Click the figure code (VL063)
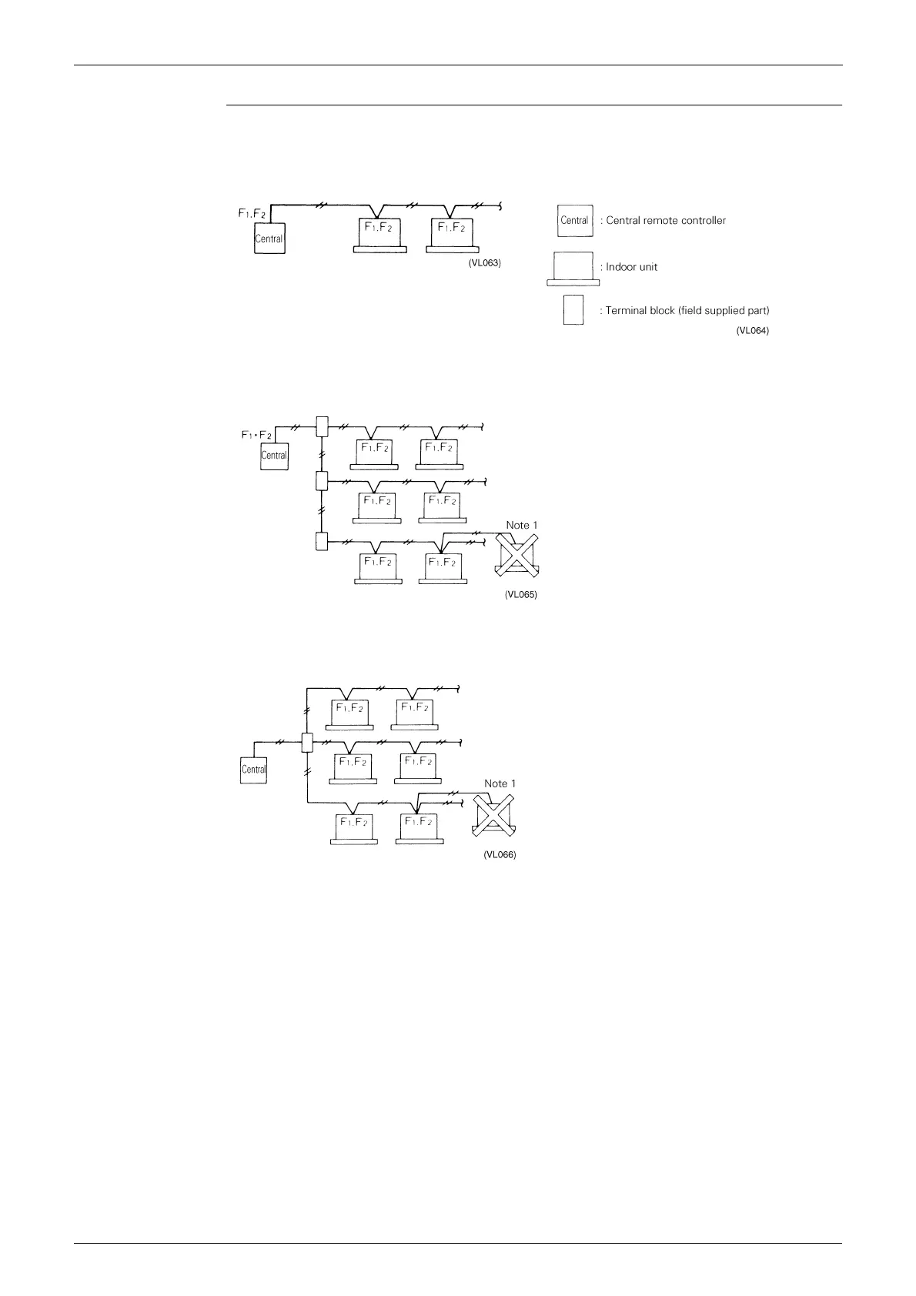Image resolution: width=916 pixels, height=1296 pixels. [484, 263]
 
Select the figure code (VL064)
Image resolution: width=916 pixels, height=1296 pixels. [753, 331]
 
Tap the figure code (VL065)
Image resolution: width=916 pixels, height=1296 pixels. [520, 595]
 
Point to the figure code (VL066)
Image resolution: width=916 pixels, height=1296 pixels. [499, 855]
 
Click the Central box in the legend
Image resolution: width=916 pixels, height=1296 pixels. [574, 221]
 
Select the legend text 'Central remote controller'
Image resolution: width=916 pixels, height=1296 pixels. [666, 221]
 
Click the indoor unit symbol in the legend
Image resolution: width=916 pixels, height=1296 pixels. [573, 268]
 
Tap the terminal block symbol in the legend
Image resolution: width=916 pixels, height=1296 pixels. [573, 310]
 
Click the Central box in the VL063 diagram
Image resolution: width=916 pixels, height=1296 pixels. [269, 238]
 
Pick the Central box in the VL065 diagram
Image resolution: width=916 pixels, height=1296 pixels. [274, 455]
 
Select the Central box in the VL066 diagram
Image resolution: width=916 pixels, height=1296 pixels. [253, 769]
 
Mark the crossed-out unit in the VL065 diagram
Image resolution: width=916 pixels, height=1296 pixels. [519, 556]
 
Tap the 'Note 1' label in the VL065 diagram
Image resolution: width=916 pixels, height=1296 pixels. [521, 525]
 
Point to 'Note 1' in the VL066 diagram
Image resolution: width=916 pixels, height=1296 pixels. [500, 783]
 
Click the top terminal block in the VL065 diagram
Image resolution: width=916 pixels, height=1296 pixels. [323, 426]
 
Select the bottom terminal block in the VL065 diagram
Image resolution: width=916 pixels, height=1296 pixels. [323, 542]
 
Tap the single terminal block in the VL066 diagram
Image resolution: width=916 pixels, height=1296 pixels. [307, 743]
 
